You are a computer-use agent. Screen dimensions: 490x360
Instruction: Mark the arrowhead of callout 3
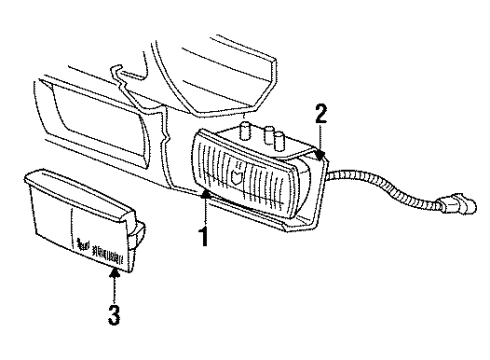click(117, 266)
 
